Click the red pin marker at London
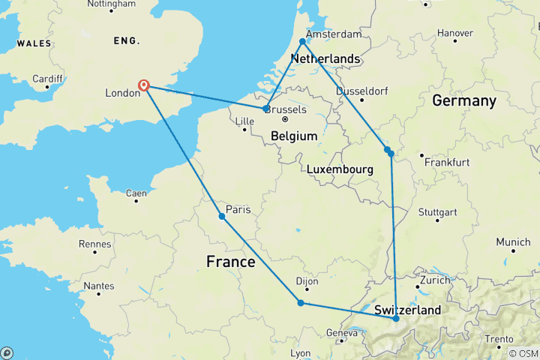[143, 85]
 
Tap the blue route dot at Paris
[222, 217]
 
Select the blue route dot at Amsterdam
[303, 42]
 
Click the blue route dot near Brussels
[266, 109]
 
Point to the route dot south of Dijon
[301, 303]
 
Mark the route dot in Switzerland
[396, 319]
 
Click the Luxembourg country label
[340, 170]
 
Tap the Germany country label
[463, 100]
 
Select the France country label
[230, 262]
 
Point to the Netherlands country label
[325, 59]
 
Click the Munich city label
[512, 242]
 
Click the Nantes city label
[98, 285]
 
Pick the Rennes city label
[94, 244]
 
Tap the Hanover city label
[456, 33]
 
